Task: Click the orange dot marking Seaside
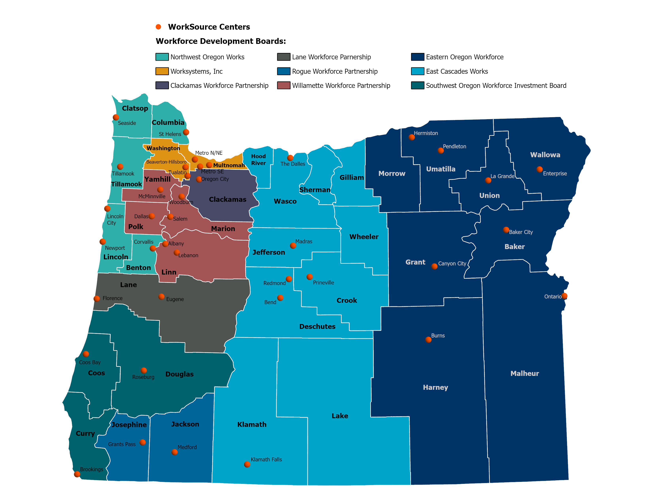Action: coord(116,117)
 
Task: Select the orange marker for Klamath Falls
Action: coord(247,464)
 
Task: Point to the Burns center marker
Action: coord(428,340)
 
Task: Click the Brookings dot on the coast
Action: coord(77,474)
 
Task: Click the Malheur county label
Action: coord(525,374)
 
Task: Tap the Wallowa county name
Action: coord(545,155)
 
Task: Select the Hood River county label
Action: coord(258,160)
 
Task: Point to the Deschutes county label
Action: coord(317,326)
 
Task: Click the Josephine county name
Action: coord(129,425)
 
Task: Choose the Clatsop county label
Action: coord(135,108)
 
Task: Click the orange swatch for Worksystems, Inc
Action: coord(162,71)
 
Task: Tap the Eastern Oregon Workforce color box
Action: coord(417,57)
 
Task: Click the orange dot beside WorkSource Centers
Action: coord(158,27)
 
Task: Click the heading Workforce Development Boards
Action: coord(221,41)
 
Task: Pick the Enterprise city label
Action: coord(555,174)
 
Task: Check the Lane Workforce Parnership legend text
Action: coord(331,57)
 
